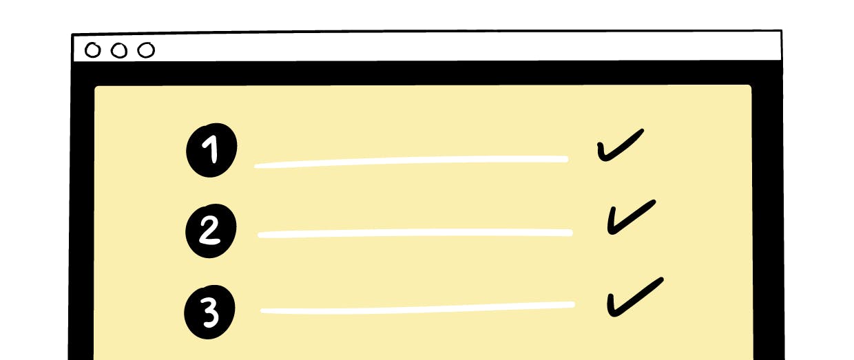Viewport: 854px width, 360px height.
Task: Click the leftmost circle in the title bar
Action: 93,50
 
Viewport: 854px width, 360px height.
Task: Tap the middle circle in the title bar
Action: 119,50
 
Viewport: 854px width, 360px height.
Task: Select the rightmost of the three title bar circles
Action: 146,50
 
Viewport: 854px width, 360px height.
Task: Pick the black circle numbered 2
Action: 211,231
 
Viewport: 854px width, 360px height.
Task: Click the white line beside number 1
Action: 411,162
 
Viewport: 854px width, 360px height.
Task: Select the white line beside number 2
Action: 415,233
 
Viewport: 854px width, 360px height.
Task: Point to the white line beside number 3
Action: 417,308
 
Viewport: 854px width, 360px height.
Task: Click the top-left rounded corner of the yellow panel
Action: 97,88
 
